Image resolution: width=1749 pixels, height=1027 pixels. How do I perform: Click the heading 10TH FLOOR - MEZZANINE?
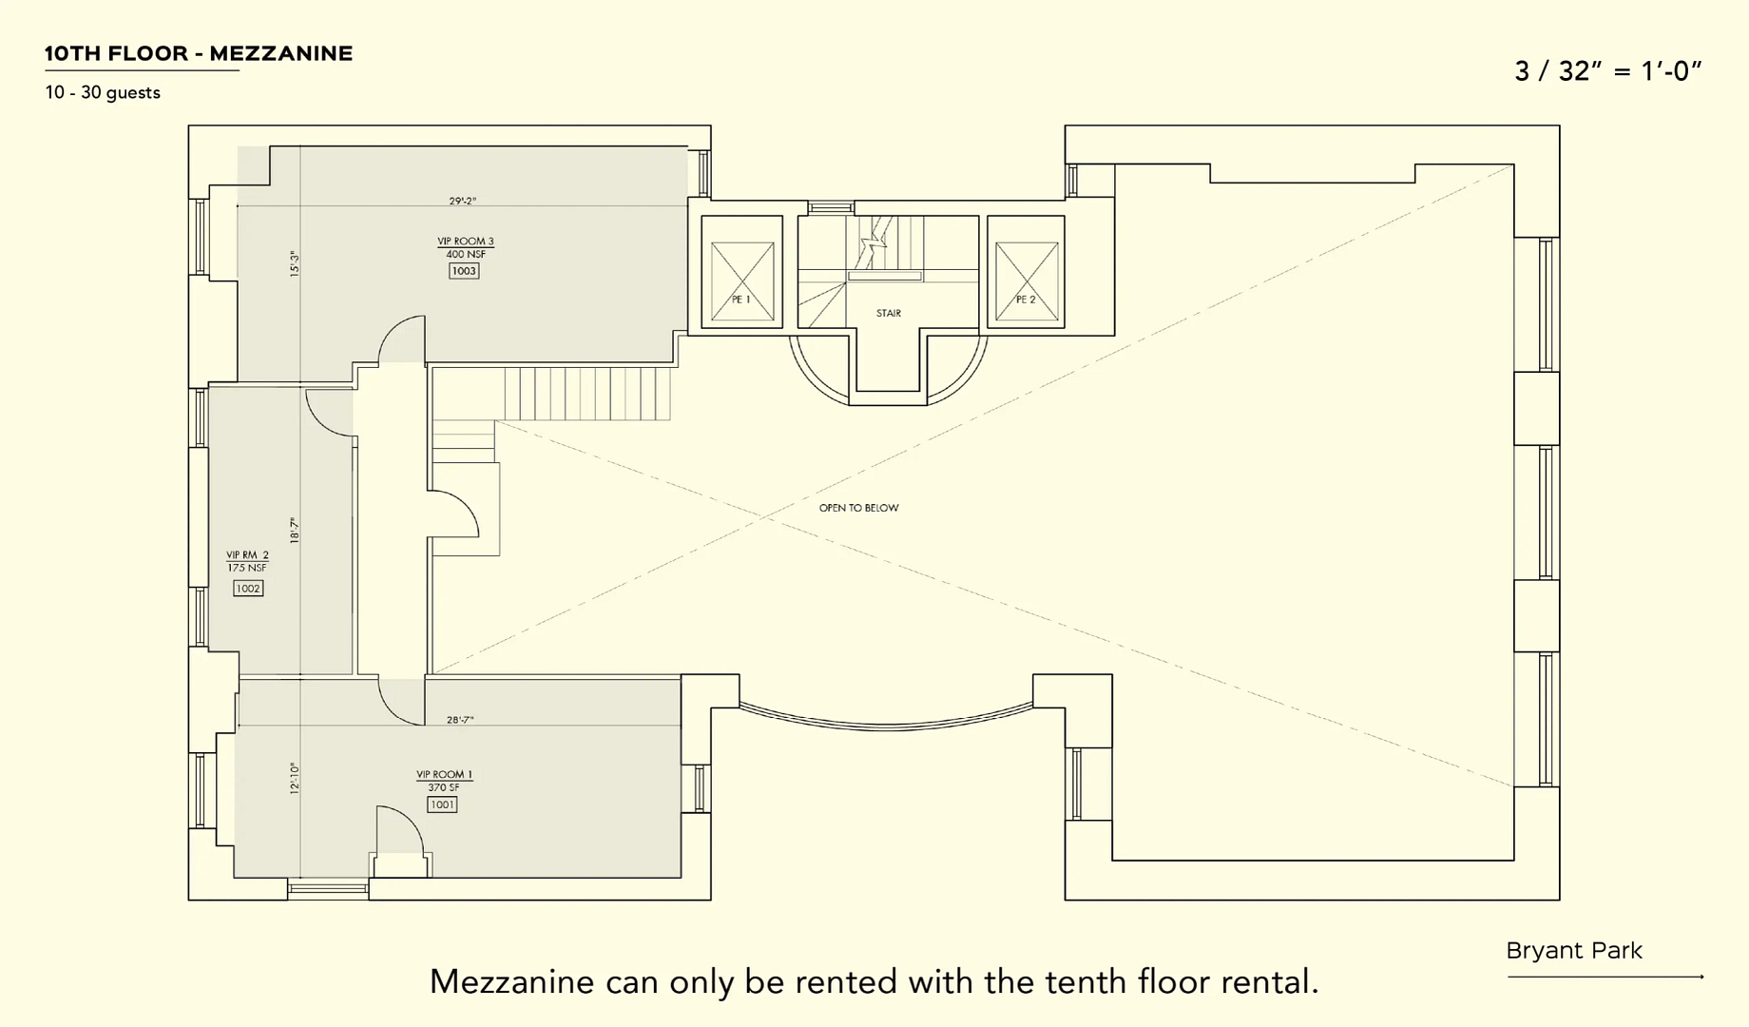(x=199, y=54)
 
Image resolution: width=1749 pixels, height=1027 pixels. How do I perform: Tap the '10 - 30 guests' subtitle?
(x=103, y=93)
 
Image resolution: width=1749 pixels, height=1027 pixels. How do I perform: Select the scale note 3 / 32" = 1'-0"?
(x=1607, y=71)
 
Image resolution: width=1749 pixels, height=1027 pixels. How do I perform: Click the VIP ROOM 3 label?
(x=466, y=242)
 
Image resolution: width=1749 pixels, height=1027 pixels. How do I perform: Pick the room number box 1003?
(x=464, y=271)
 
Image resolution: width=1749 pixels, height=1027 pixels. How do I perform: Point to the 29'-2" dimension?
(x=463, y=202)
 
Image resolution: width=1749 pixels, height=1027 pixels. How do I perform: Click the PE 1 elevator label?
(x=741, y=300)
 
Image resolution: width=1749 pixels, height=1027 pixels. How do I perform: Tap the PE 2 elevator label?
(x=1026, y=300)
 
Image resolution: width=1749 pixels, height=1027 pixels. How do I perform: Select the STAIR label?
(x=889, y=313)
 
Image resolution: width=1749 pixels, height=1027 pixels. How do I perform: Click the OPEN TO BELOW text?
(x=858, y=508)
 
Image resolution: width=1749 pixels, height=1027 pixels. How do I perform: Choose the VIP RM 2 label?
(x=247, y=555)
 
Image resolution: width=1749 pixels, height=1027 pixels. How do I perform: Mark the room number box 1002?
(x=248, y=589)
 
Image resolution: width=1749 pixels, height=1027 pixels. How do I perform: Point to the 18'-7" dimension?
(x=295, y=531)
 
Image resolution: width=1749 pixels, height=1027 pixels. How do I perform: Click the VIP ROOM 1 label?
(x=444, y=775)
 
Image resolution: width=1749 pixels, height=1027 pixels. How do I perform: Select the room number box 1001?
(x=442, y=804)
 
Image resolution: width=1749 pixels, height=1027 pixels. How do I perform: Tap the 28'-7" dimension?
(x=460, y=720)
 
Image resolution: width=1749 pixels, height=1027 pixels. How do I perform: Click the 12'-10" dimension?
(x=295, y=778)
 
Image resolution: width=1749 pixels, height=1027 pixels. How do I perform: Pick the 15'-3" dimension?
(x=295, y=263)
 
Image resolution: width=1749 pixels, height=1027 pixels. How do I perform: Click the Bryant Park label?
(x=1574, y=951)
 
